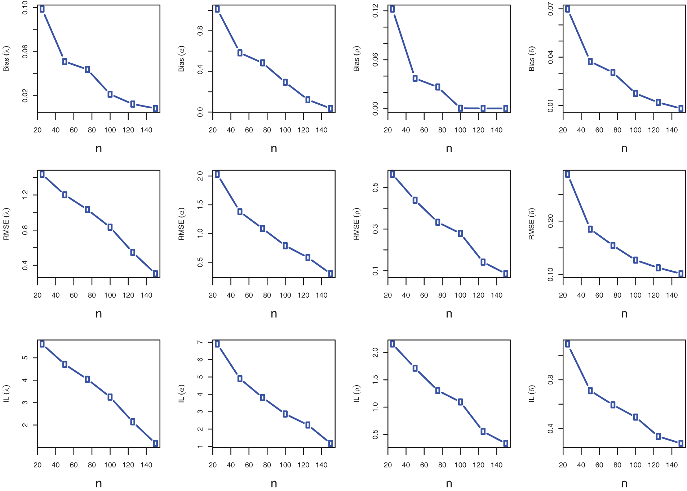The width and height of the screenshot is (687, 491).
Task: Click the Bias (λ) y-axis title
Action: click(x=6, y=58)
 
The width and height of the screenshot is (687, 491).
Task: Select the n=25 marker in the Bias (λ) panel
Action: click(x=42, y=9)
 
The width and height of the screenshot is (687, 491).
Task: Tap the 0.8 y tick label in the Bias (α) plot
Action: click(x=200, y=31)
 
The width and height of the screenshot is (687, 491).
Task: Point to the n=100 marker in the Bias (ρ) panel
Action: click(x=460, y=108)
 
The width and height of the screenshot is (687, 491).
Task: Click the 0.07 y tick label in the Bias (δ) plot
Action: click(x=551, y=9)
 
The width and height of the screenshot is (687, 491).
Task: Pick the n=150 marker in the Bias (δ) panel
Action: click(x=681, y=108)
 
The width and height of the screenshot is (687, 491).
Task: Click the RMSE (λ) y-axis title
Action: click(x=6, y=224)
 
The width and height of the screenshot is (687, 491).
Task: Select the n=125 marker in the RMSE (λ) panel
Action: click(x=133, y=252)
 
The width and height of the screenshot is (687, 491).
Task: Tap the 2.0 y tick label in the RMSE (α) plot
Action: click(x=200, y=176)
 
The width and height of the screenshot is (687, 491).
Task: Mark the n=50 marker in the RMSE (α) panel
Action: click(x=240, y=212)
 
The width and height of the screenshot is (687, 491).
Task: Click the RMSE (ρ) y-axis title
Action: click(x=357, y=224)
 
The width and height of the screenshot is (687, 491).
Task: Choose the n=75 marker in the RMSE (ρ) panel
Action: click(x=438, y=222)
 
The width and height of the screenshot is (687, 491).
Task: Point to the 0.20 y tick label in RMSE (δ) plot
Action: click(x=551, y=221)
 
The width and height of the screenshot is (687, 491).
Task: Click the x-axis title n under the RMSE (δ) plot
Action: click(x=624, y=314)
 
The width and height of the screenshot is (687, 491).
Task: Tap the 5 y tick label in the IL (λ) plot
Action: click(x=25, y=358)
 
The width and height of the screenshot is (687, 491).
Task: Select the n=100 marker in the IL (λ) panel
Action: click(x=110, y=397)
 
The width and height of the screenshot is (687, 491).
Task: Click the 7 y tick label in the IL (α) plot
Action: click(x=200, y=342)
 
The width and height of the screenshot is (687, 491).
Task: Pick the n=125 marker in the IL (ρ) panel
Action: click(x=483, y=431)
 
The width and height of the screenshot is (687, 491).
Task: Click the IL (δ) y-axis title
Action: click(x=532, y=393)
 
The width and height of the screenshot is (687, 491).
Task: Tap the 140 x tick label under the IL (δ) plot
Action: click(x=672, y=465)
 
